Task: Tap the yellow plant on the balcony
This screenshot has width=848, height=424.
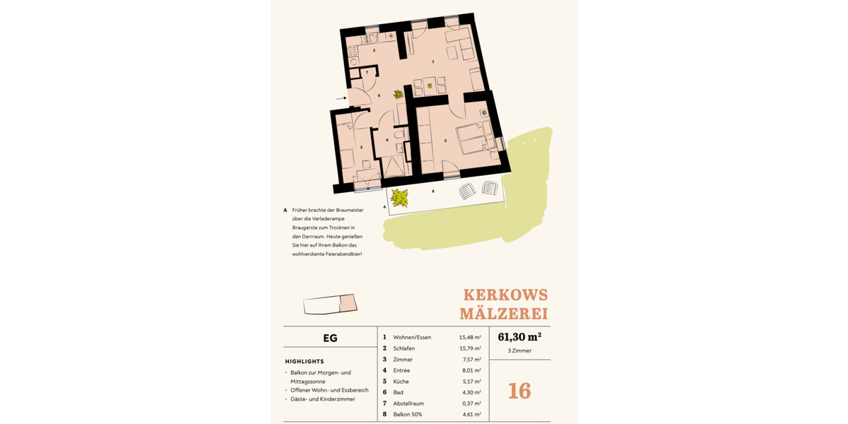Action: (x=400, y=198)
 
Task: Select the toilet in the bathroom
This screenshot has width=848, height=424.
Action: (x=399, y=134)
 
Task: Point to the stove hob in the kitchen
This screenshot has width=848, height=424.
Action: (x=353, y=51)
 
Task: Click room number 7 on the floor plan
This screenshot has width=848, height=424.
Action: (x=367, y=73)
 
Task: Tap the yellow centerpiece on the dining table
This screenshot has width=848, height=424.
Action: (x=429, y=86)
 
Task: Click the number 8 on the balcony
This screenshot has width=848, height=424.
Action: (x=433, y=191)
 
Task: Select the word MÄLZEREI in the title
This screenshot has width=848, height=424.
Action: (x=503, y=313)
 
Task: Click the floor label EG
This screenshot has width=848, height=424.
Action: (x=330, y=338)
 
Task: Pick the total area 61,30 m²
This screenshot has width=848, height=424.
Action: (x=519, y=336)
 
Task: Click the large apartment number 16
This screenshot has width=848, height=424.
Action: (x=519, y=391)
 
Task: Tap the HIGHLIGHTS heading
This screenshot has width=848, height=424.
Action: (x=305, y=361)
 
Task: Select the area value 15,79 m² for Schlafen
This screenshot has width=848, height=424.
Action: (x=470, y=348)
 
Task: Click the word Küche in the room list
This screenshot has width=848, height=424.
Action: (x=401, y=382)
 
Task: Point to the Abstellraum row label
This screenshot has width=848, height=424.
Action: (x=408, y=404)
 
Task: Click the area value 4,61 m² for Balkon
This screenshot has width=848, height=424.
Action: (x=470, y=414)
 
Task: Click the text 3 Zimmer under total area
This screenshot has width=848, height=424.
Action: (x=519, y=351)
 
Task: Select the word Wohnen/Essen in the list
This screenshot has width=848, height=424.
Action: (x=412, y=337)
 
